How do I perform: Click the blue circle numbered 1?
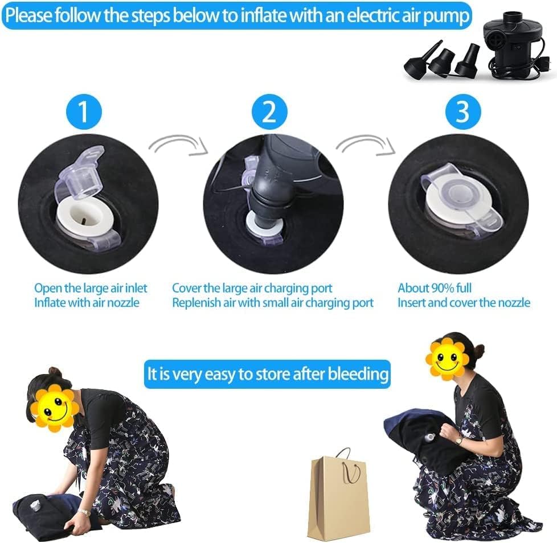click(x=84, y=112)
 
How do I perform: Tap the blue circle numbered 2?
click(x=269, y=112)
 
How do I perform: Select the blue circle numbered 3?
click(x=463, y=112)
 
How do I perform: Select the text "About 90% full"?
click(x=435, y=288)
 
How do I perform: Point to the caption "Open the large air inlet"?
click(x=91, y=288)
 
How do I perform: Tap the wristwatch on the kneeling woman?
click(x=84, y=512)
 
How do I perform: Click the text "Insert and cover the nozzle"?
click(x=464, y=303)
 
